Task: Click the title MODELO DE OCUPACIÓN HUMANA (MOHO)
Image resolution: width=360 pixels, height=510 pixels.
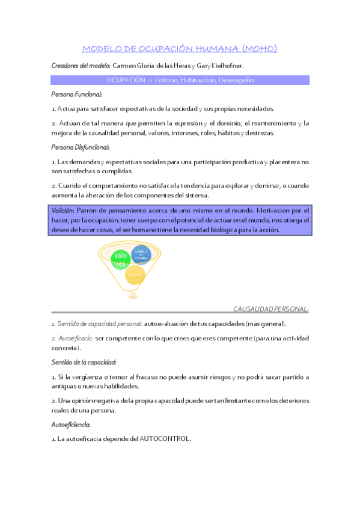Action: point(180,49)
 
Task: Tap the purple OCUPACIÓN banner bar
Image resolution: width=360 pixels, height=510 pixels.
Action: point(180,79)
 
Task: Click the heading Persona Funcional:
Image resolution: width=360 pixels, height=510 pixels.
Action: point(77,94)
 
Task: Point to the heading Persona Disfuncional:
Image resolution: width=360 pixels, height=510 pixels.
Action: point(81,147)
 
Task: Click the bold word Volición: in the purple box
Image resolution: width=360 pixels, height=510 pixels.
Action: point(63,210)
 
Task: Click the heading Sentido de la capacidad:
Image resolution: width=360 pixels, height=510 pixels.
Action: point(84,362)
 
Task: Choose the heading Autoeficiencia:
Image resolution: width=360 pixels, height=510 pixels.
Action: point(74,424)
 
